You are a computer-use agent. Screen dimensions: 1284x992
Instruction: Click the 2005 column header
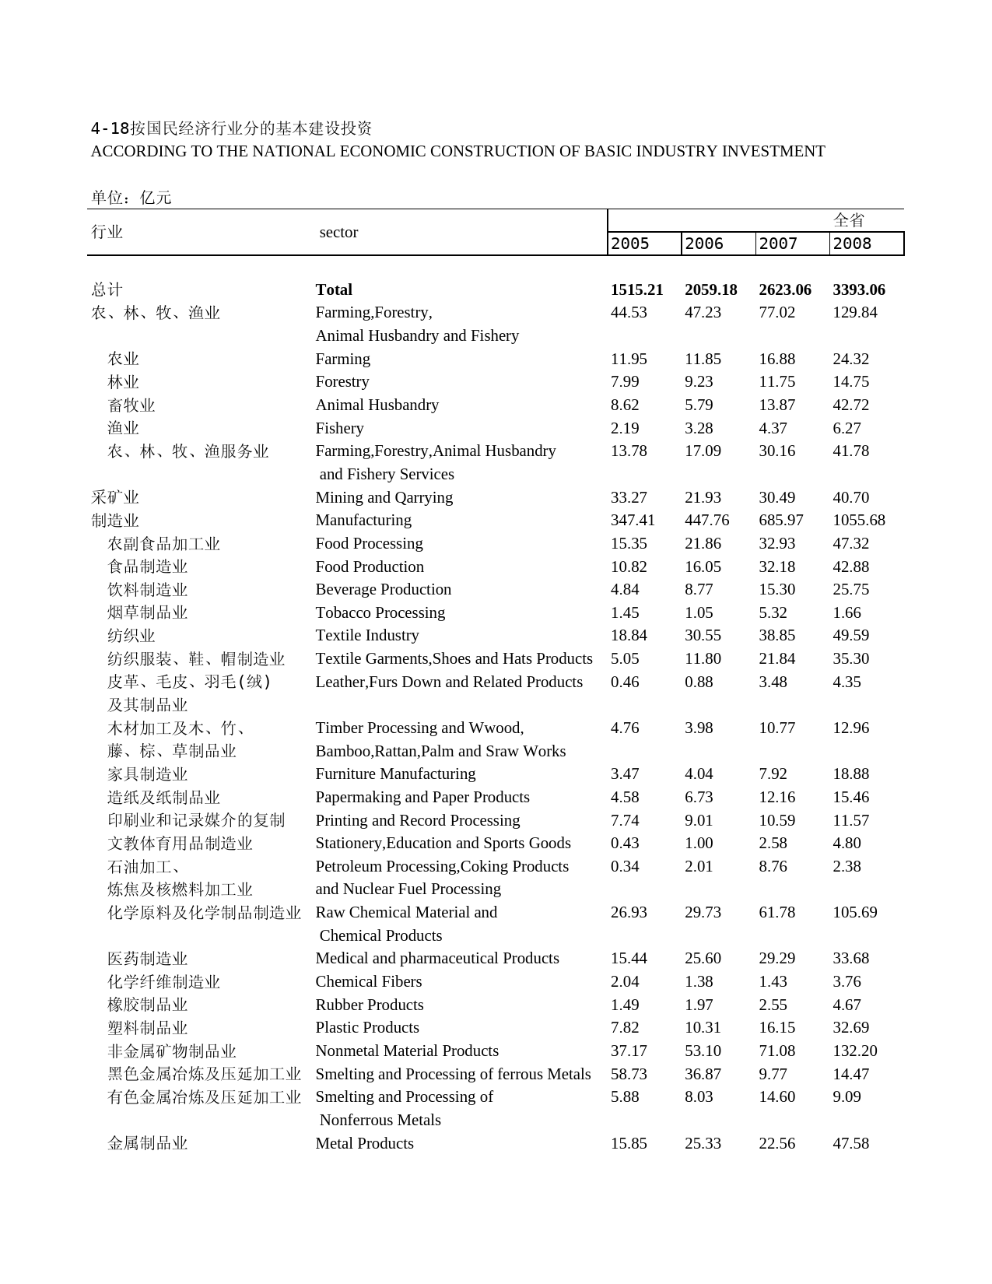pos(630,244)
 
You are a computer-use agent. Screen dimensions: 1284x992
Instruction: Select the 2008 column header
pos(852,244)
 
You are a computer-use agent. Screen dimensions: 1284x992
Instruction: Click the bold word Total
pos(334,289)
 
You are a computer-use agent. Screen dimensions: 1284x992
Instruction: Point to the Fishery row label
pos(339,428)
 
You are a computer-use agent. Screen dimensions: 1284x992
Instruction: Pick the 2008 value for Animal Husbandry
pos(850,405)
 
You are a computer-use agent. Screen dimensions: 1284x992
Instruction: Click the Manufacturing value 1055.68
pos(859,520)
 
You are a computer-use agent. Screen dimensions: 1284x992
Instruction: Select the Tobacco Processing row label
pos(380,612)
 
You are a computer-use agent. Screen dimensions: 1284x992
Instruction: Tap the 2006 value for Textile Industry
pos(703,635)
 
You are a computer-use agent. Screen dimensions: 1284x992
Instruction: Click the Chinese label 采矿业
pos(115,497)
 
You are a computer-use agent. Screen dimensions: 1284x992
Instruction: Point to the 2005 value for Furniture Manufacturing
pos(625,774)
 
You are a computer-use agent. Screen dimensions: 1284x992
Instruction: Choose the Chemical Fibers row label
pos(368,981)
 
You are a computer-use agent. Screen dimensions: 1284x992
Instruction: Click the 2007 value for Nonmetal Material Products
pos(776,1051)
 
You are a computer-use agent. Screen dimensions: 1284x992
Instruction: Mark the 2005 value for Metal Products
pos(629,1143)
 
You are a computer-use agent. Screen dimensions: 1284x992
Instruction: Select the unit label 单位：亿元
pos(131,198)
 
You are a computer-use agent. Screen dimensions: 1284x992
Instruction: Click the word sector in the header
pos(338,232)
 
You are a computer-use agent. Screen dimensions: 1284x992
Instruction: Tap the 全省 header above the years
pos(849,220)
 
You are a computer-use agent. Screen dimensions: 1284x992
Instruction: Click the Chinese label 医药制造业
pos(148,959)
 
